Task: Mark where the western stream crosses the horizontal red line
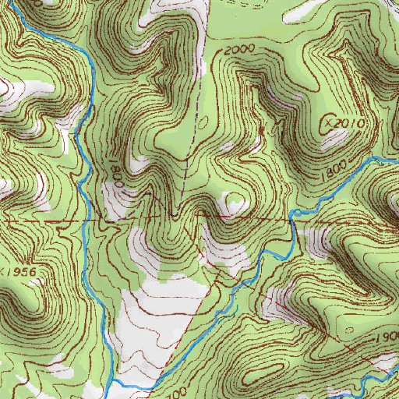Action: tap(84, 221)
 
